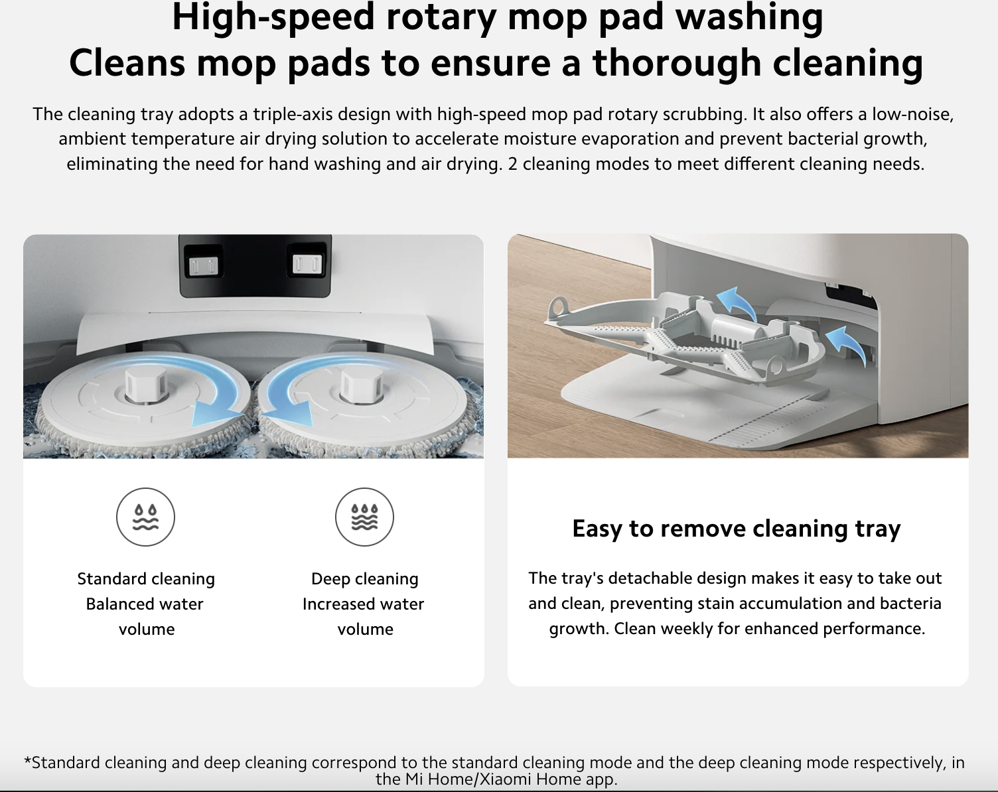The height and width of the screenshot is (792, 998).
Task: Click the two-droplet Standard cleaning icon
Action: pos(145,517)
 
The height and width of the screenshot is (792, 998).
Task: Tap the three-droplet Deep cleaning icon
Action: pos(364,517)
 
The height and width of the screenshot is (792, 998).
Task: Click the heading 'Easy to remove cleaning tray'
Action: pos(737,529)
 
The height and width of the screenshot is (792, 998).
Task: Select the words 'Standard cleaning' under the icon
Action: pos(146,578)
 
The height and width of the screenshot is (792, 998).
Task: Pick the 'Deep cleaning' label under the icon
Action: pos(365,578)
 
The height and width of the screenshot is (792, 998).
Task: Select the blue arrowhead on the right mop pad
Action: pos(291,413)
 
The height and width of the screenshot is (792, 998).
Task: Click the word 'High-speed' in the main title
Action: pos(273,18)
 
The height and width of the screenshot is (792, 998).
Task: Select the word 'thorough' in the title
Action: pos(677,63)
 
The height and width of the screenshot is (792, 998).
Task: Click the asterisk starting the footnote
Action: pos(27,761)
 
